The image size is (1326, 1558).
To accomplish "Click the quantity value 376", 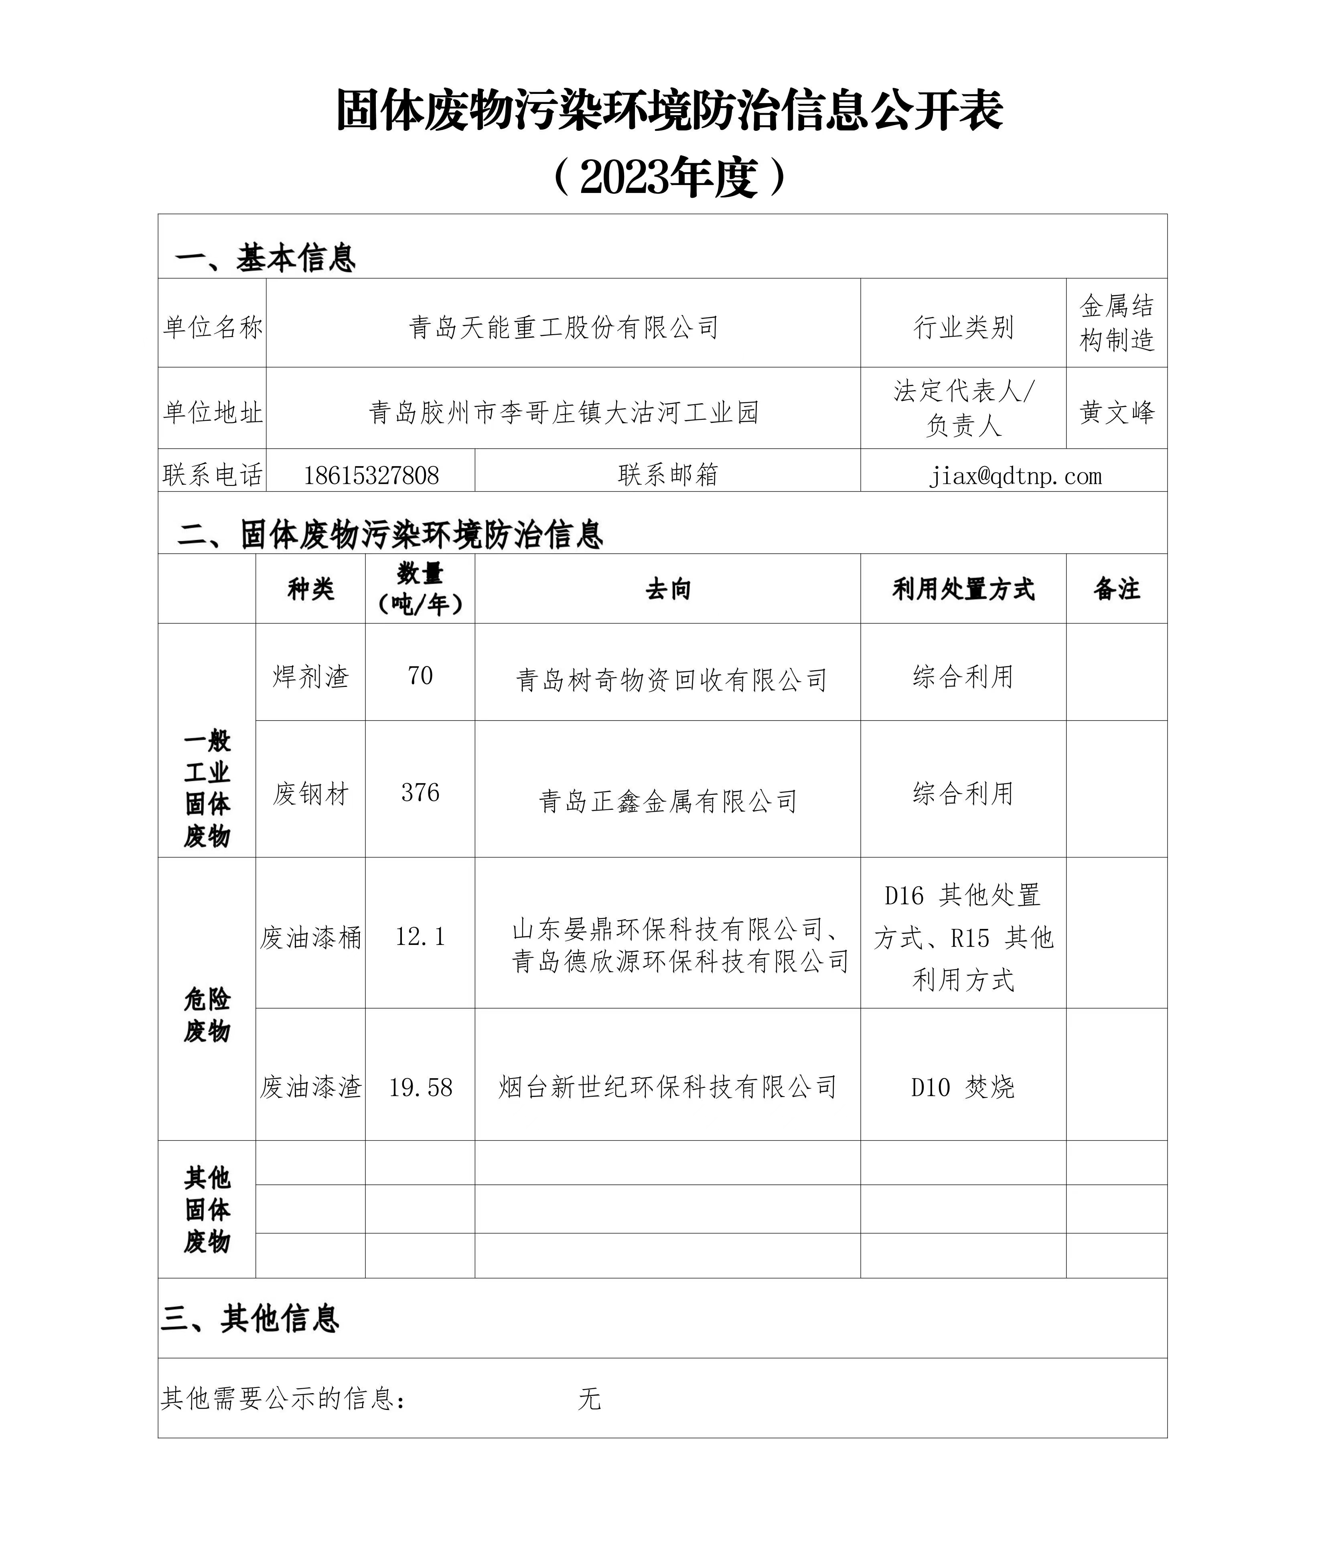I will tap(420, 792).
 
